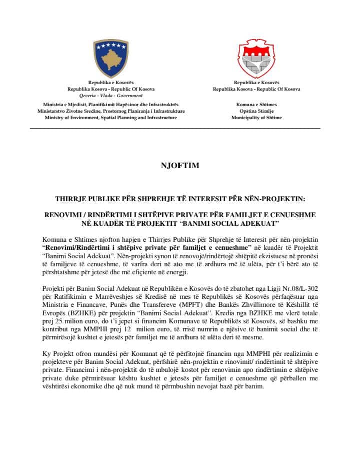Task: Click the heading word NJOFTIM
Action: tap(179, 166)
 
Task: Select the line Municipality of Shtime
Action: tap(256, 118)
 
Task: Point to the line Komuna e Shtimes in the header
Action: tap(256, 105)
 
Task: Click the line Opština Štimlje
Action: tap(256, 111)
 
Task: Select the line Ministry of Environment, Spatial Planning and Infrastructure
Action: tap(111, 118)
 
